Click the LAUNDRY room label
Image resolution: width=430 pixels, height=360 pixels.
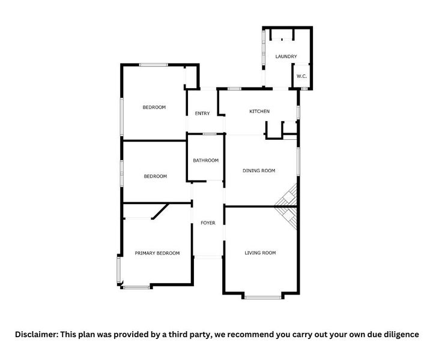coord(286,56)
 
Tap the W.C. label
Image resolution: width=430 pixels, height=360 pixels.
coord(301,76)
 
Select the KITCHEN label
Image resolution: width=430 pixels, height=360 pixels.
coord(259,112)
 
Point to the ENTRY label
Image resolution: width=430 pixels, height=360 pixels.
coord(202,113)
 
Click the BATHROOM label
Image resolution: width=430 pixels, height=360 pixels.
coord(205,160)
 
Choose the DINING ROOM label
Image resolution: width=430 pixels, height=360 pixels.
coord(259,171)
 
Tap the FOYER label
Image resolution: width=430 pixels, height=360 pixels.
coord(208,223)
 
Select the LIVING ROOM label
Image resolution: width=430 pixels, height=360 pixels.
coord(260,253)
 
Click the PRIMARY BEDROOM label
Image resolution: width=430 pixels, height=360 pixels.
coord(157,253)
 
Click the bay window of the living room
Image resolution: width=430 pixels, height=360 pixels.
coord(262,296)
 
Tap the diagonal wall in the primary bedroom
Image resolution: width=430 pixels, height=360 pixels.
coord(160,211)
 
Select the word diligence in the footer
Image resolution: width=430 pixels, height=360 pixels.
coord(399,334)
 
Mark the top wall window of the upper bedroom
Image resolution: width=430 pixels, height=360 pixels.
coord(153,65)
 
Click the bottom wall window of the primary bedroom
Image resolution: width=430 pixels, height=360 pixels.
coord(136,288)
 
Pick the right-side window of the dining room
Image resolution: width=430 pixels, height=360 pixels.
coord(298,162)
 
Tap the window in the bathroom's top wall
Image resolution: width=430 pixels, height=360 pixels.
coord(209,134)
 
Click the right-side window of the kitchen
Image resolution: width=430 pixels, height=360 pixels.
coord(298,112)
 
